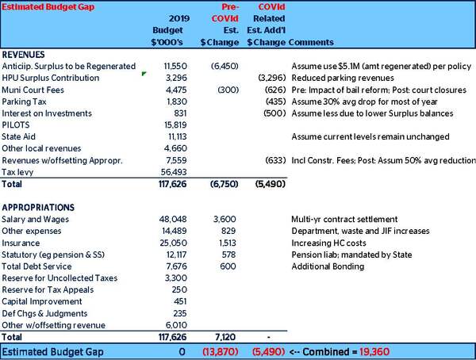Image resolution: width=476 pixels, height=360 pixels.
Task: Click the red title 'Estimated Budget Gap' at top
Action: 48,7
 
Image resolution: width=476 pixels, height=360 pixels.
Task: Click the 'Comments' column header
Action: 311,42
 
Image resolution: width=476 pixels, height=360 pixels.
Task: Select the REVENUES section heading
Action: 23,55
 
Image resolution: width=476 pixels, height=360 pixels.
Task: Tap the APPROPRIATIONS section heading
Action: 38,208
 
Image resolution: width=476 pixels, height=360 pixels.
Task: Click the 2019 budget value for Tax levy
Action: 174,172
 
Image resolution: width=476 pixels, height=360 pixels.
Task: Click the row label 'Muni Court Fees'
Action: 33,90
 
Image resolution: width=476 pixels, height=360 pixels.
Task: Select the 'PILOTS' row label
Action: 16,125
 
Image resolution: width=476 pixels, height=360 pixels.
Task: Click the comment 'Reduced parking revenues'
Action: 343,78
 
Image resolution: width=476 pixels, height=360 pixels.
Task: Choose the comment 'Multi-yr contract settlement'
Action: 344,219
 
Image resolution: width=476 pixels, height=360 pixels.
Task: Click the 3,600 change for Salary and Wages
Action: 225,219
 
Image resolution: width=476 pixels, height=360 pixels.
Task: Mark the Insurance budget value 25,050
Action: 173,243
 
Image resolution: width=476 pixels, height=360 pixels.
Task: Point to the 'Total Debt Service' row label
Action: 36,266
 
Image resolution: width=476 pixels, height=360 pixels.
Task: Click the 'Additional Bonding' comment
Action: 328,266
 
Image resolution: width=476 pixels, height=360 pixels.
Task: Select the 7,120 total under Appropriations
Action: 225,337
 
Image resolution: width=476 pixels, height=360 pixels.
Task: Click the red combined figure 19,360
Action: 374,352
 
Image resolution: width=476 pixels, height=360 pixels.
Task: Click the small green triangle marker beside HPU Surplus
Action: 144,74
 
